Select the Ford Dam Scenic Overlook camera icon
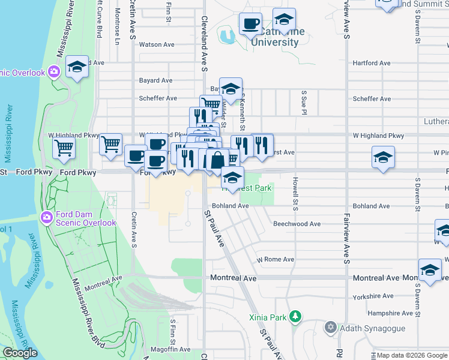(47, 217)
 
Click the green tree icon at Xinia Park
(295, 316)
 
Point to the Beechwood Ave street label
(297, 224)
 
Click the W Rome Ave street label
(276, 260)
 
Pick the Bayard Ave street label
(156, 80)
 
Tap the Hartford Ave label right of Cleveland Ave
(372, 63)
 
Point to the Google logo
(20, 353)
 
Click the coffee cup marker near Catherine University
(250, 25)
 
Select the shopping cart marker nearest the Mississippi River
(64, 147)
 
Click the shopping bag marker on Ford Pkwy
(217, 160)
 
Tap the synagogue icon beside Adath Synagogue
(330, 328)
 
